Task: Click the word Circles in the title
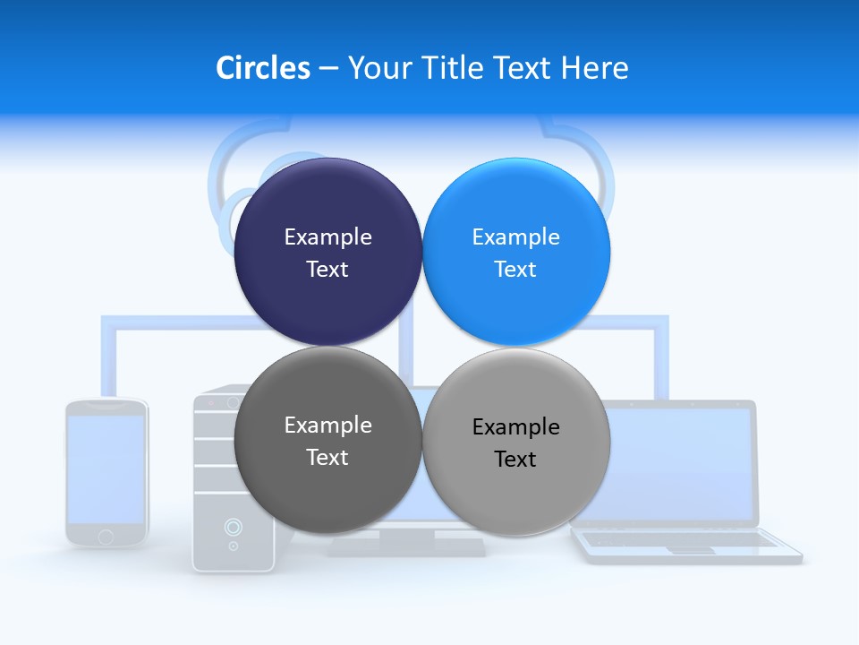pyautogui.click(x=262, y=68)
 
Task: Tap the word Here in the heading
pyautogui.click(x=595, y=68)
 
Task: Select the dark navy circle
pyautogui.click(x=327, y=252)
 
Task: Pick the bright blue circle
pyautogui.click(x=516, y=252)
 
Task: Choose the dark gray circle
pyautogui.click(x=327, y=440)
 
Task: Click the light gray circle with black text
pyautogui.click(x=516, y=442)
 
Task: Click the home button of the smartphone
pyautogui.click(x=106, y=536)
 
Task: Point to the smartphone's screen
pyautogui.click(x=106, y=468)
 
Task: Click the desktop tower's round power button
pyautogui.click(x=233, y=526)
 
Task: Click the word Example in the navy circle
pyautogui.click(x=327, y=236)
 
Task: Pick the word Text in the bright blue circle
pyautogui.click(x=515, y=269)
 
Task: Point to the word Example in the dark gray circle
pyautogui.click(x=327, y=425)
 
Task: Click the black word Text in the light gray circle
pyautogui.click(x=515, y=459)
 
